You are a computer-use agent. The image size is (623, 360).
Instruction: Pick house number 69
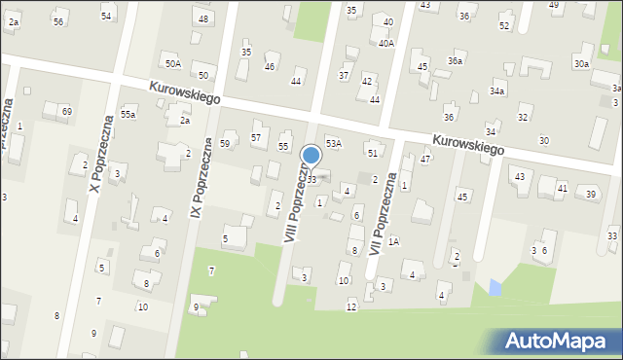(66, 112)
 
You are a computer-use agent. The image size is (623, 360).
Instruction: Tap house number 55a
(128, 115)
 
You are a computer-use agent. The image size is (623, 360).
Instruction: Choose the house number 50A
(172, 64)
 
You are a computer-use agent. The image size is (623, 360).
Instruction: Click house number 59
(225, 144)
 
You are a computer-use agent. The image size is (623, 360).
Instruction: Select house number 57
(256, 138)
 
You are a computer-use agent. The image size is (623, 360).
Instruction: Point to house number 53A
(333, 143)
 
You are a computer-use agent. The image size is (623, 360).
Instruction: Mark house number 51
(372, 153)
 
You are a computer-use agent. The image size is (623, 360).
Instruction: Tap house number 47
(425, 159)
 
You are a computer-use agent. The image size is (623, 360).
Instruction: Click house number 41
(562, 187)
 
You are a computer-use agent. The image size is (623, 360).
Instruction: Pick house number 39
(591, 195)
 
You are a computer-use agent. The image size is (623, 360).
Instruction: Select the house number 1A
(393, 241)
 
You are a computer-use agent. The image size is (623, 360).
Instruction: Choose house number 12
(351, 307)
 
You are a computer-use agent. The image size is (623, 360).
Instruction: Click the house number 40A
(386, 44)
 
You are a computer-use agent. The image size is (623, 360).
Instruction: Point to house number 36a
(455, 61)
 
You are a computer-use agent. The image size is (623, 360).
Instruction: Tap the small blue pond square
(495, 287)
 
